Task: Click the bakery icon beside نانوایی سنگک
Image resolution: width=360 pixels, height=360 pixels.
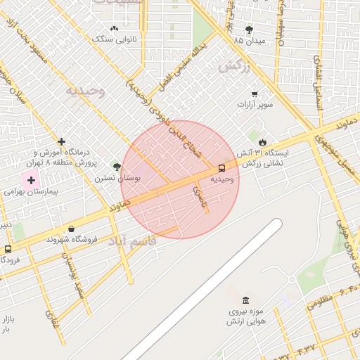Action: point(114,28)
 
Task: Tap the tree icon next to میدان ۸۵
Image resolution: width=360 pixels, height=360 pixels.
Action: point(249,30)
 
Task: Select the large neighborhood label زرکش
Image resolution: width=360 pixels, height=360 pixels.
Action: point(234,67)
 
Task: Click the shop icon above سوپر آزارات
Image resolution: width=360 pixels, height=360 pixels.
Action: point(254,94)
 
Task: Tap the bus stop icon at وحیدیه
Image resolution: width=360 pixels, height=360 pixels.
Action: point(221,168)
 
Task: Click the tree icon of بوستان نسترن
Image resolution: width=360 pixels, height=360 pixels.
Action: point(117,167)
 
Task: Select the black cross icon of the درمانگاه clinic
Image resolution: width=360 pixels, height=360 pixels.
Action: point(62,141)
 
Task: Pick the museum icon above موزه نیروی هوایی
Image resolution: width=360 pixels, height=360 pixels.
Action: point(245,300)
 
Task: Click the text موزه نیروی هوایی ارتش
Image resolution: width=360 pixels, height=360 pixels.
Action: point(244,316)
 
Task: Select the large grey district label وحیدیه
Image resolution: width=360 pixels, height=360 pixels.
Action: point(85,91)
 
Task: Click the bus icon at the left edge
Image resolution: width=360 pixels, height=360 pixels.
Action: point(8,249)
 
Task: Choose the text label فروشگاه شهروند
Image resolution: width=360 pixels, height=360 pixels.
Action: point(70,240)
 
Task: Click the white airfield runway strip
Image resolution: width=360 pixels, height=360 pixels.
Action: point(204,288)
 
